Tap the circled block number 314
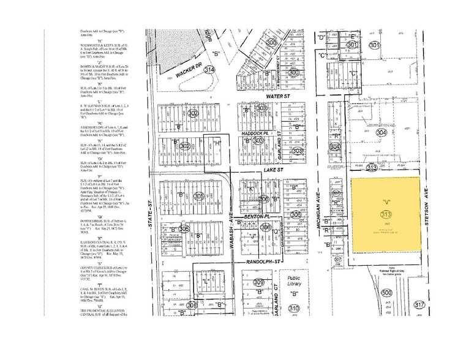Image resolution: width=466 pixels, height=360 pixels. point(210,70)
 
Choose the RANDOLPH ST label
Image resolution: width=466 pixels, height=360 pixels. point(268,261)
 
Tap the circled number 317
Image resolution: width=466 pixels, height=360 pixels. point(419,304)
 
